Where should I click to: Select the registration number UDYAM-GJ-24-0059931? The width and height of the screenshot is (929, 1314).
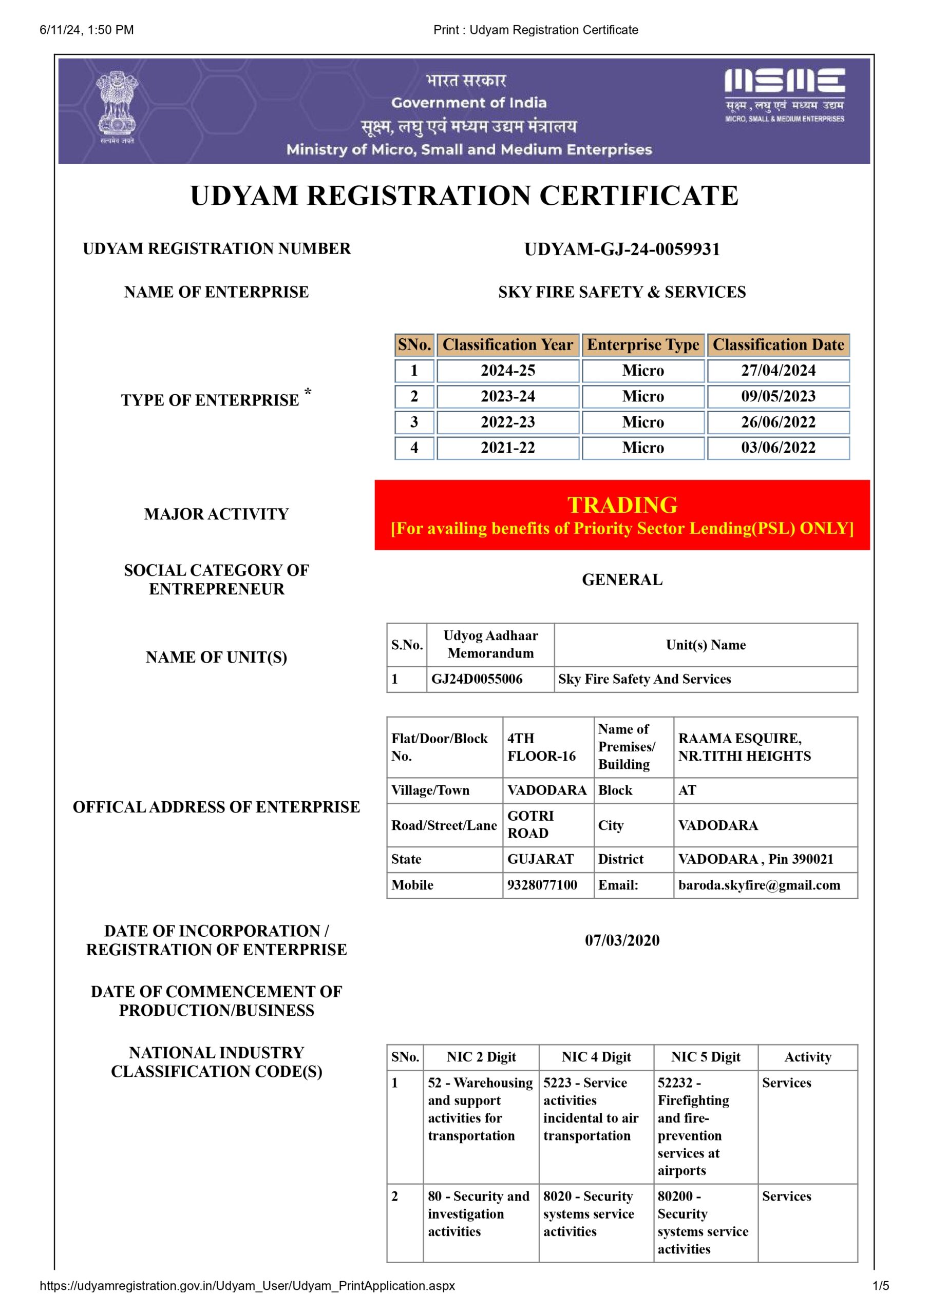621,249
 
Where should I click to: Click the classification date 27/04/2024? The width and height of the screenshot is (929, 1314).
778,370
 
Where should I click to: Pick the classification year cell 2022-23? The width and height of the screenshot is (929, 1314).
507,422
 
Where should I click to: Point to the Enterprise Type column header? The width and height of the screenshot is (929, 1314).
642,344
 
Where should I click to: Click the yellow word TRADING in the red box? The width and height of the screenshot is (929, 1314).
622,505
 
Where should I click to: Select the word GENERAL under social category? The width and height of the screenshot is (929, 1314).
622,579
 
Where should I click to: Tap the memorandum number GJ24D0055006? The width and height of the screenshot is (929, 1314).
477,679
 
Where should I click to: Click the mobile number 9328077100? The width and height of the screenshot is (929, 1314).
542,885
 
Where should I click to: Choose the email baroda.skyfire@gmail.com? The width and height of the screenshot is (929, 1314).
759,885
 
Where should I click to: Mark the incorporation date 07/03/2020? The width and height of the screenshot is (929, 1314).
622,940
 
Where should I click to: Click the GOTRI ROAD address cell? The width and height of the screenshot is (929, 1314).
530,825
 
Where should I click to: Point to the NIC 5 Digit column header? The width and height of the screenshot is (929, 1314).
705,1057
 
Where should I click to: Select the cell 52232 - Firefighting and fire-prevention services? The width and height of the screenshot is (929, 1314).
693,1126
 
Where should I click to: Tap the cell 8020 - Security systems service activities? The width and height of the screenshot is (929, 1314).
589,1213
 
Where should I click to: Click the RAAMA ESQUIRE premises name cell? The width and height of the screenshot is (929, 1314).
744,747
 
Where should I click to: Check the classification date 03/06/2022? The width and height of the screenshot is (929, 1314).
778,448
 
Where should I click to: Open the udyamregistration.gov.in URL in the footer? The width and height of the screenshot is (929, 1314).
247,1286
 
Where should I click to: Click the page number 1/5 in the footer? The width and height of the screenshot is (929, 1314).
880,1286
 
